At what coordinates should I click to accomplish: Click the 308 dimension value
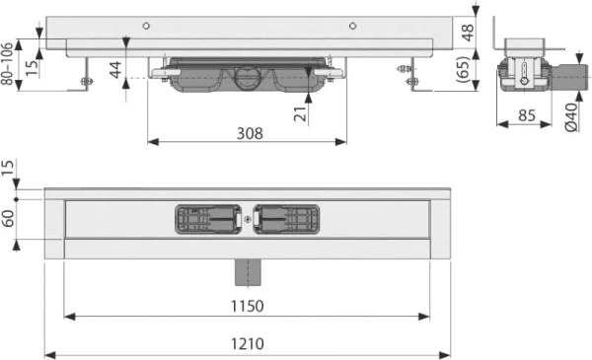pyautogui.click(x=248, y=133)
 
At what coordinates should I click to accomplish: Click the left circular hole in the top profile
pyautogui.click(x=146, y=26)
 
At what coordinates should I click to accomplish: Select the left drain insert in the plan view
pyautogui.click(x=207, y=220)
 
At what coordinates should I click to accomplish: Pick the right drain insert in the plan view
pyautogui.click(x=286, y=220)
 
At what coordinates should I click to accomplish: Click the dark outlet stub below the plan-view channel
pyautogui.click(x=246, y=268)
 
